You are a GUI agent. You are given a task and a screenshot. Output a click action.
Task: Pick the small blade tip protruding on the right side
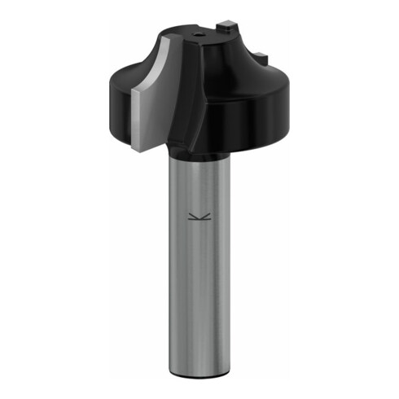(260, 55)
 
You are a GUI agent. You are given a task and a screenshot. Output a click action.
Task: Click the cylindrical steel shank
(195, 269)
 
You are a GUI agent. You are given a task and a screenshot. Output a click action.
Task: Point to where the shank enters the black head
(195, 156)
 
